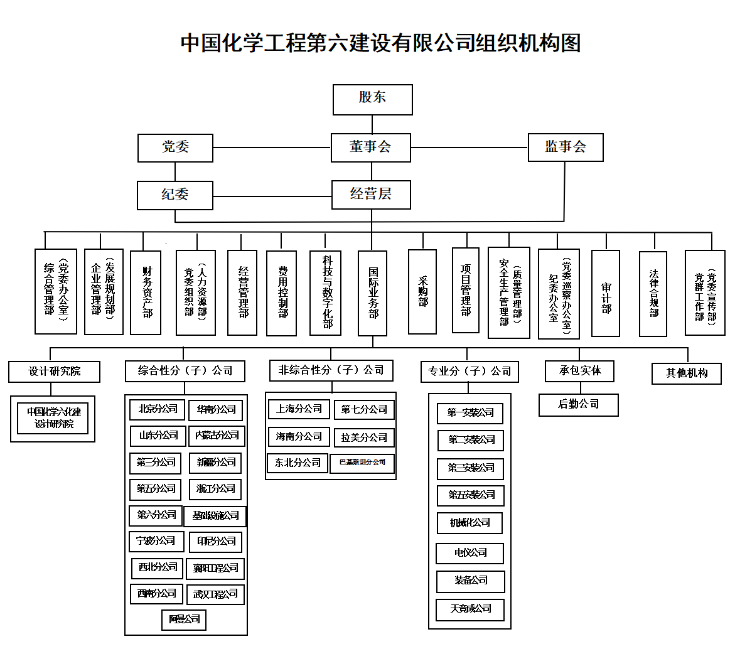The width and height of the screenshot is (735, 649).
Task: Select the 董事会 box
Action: (x=370, y=147)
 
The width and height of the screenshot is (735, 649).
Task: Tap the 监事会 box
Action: (x=565, y=147)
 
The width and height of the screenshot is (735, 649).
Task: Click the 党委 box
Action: (x=175, y=147)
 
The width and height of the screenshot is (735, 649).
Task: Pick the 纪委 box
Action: (x=175, y=195)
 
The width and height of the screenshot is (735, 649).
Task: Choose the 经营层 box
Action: (x=370, y=195)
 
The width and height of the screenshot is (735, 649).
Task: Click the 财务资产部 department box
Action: (x=146, y=292)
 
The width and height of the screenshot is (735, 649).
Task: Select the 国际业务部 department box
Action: (x=372, y=292)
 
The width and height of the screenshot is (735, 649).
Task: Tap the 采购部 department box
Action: (x=422, y=292)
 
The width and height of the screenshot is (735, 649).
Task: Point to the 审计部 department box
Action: (x=606, y=293)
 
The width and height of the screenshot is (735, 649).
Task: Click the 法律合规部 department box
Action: (x=653, y=293)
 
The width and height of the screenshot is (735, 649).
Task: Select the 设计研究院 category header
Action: (x=55, y=371)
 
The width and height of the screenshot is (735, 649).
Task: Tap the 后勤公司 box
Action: (x=578, y=404)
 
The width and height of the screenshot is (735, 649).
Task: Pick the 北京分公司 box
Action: (x=158, y=409)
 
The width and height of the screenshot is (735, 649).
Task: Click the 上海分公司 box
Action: (x=298, y=409)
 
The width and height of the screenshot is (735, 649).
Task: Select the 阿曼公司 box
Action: (x=184, y=619)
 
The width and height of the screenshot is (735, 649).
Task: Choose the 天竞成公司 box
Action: (x=470, y=609)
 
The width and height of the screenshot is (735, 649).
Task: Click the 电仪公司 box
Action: (x=470, y=553)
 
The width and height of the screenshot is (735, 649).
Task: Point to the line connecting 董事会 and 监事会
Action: (x=469, y=147)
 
